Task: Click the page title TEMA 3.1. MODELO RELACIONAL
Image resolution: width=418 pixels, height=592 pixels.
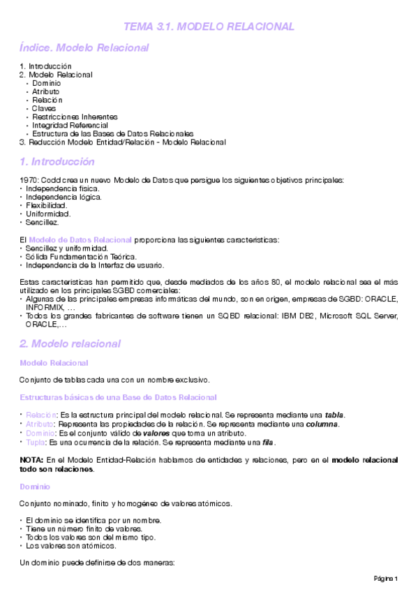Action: (209, 27)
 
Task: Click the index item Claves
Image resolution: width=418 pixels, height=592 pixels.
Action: (44, 108)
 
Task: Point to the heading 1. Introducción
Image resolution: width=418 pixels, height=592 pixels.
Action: (57, 161)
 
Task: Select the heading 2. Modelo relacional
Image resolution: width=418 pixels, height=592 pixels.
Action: (70, 343)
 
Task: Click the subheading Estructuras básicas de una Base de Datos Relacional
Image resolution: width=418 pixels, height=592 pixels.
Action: (118, 397)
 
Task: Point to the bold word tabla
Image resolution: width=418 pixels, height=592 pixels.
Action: (334, 415)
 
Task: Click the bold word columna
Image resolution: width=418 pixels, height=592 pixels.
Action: (320, 424)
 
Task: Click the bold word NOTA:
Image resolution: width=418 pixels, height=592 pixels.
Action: (31, 460)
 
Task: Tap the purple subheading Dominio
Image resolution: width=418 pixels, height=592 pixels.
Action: (35, 486)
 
